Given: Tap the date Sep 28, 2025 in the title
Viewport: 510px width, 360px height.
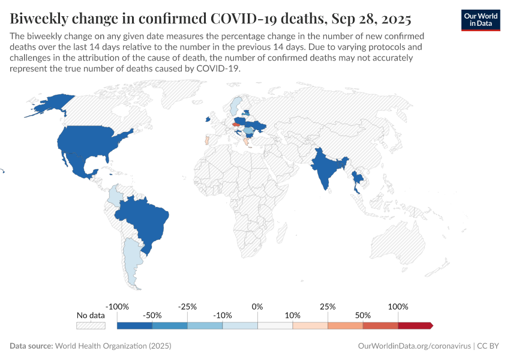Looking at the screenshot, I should tap(371, 19).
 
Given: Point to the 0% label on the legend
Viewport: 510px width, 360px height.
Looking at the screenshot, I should tap(257, 307).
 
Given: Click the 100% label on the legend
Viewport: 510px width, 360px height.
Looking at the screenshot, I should tap(398, 307).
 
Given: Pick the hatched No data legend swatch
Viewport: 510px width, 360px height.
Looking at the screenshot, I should tap(91, 325).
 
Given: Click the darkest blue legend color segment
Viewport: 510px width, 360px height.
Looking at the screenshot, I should tap(134, 325).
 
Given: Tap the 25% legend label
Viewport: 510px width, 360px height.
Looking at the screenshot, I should tap(328, 307).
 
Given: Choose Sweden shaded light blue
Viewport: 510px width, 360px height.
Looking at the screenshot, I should tap(237, 105).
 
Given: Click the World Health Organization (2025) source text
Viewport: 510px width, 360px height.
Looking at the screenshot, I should tap(113, 346).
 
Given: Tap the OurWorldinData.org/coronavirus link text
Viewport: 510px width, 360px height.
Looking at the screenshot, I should tap(413, 346).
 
